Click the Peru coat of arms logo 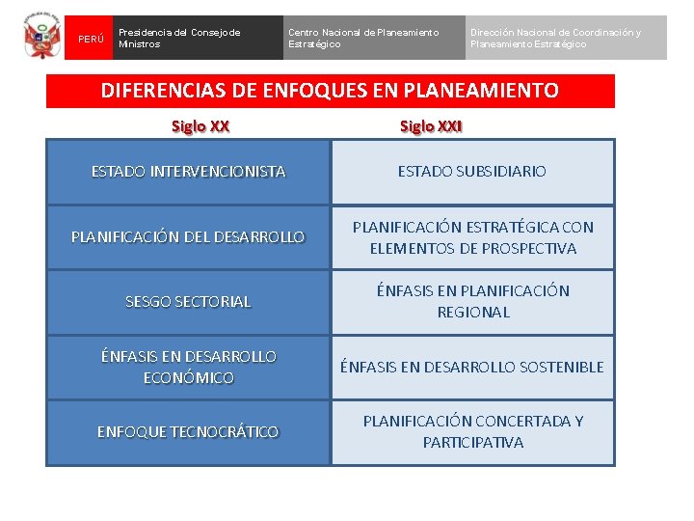click(41, 38)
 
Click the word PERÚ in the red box click(90, 39)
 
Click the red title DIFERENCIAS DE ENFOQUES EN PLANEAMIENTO click(330, 91)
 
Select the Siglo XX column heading click(200, 125)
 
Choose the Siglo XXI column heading click(431, 125)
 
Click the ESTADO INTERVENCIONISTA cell click(188, 172)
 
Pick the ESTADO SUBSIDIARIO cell click(472, 172)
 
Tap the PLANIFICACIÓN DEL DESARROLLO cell click(188, 236)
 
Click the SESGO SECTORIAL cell click(188, 301)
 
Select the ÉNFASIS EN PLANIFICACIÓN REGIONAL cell click(472, 301)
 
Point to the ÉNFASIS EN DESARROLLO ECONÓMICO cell click(188, 367)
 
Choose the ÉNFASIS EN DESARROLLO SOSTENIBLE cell click(472, 367)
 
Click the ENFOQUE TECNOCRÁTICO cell click(188, 431)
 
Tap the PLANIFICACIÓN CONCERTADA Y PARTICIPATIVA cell click(472, 431)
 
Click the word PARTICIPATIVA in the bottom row click(472, 443)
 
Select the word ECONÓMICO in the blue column click(188, 378)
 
